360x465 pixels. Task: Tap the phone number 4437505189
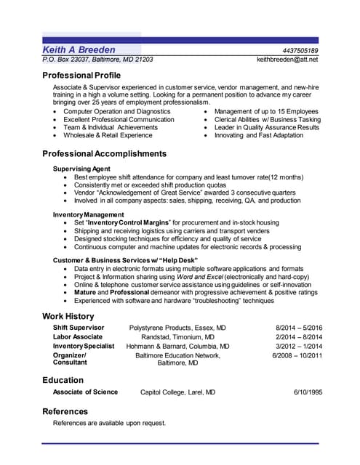coord(300,50)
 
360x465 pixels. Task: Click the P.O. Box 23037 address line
coord(97,60)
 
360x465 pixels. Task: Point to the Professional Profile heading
coord(81,76)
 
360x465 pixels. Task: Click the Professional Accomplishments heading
coord(104,154)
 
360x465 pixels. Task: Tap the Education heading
coord(63,380)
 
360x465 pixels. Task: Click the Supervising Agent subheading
coord(82,169)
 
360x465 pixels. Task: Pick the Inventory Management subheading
coord(88,215)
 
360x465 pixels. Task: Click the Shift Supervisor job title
coord(79,328)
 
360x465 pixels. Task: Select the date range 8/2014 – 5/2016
coord(299,328)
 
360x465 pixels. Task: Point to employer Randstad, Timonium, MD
coord(177,337)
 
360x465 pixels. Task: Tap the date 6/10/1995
coord(308,392)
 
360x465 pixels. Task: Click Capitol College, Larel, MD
coord(177,392)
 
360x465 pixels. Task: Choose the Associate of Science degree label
coord(85,392)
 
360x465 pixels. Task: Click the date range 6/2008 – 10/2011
coord(297,356)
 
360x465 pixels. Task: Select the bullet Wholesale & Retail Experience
coord(108,135)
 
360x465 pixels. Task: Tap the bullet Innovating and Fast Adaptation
coord(259,135)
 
